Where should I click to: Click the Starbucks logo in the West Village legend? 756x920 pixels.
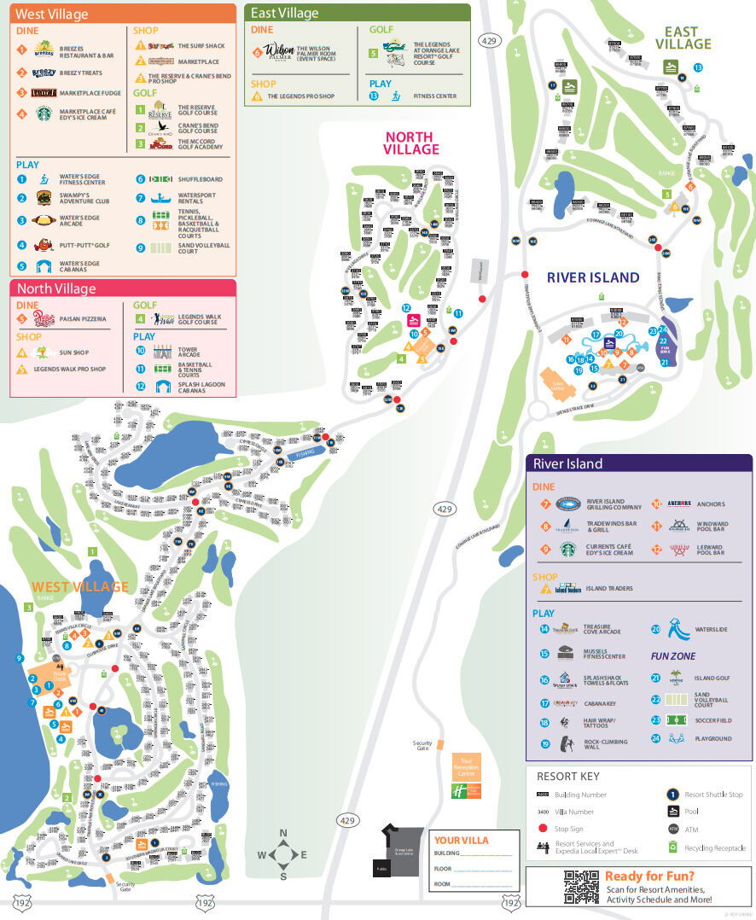point(44,113)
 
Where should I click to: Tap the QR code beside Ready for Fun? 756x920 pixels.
point(580,887)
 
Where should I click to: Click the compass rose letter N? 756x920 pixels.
point(283,834)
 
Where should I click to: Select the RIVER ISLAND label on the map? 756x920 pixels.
point(593,277)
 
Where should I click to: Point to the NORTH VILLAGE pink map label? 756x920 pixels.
point(410,143)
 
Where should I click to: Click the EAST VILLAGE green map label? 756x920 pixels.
point(683,38)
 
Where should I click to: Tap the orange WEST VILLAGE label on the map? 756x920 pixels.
point(79,586)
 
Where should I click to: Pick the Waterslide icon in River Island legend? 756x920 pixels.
point(677,630)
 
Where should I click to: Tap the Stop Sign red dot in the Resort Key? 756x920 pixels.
point(543,828)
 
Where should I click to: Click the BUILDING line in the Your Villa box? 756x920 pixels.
point(474,853)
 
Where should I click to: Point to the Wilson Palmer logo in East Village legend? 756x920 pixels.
point(278,51)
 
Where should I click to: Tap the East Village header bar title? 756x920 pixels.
point(285,13)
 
